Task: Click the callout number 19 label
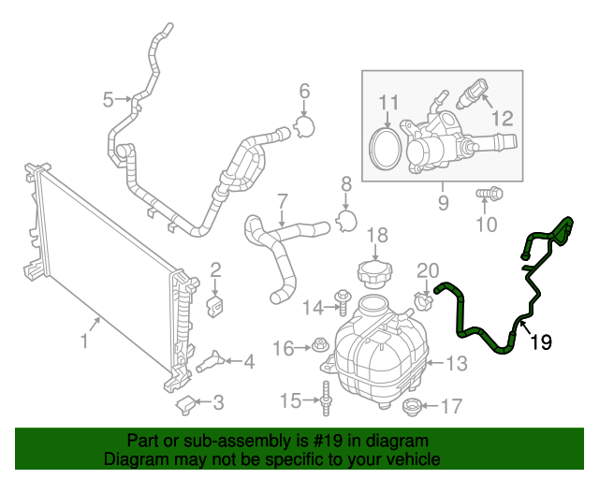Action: tap(541, 342)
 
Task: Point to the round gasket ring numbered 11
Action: tap(384, 149)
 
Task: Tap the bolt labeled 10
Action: tap(488, 194)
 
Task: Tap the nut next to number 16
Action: tap(318, 347)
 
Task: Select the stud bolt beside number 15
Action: tap(326, 398)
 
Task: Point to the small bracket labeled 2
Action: tap(214, 306)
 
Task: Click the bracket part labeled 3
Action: tap(186, 403)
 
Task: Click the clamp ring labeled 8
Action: tap(345, 220)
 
